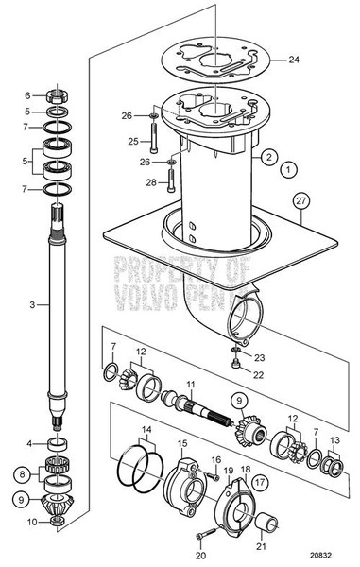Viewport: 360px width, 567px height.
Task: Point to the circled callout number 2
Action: click(x=268, y=157)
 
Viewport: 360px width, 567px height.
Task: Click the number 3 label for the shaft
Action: click(x=31, y=305)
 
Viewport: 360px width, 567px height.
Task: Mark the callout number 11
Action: click(x=190, y=386)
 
